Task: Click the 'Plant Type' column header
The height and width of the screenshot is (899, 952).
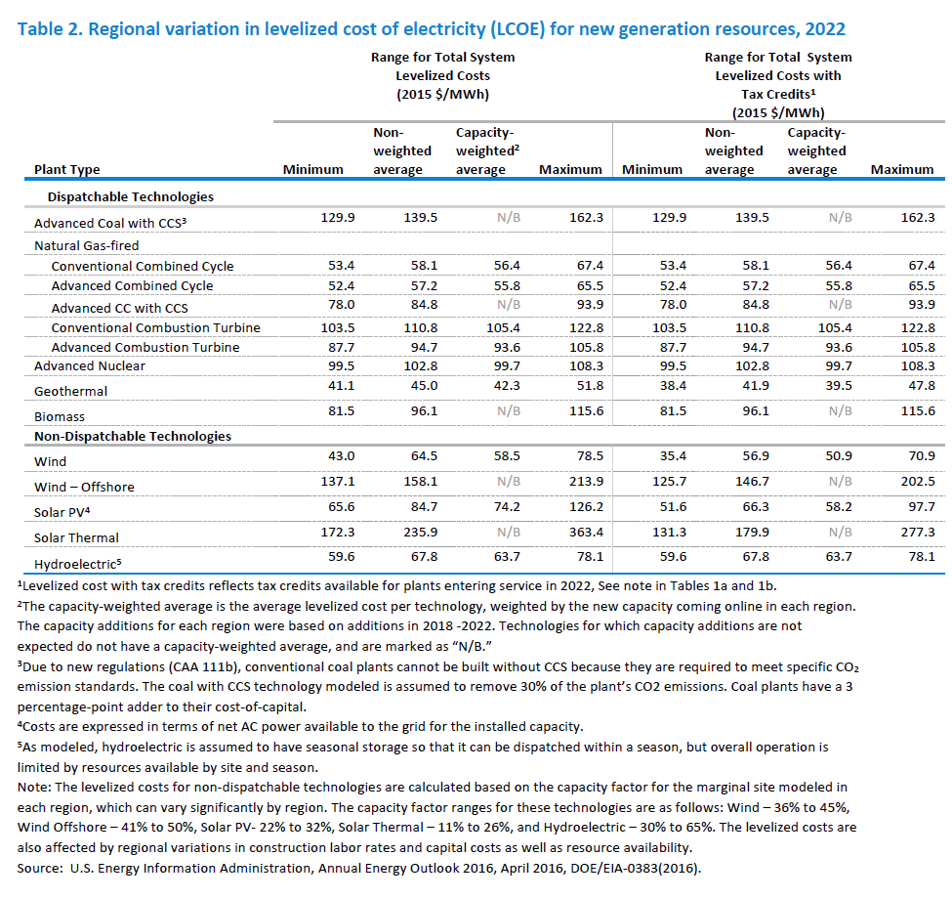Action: (66, 170)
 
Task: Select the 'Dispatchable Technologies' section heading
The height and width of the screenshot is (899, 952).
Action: (131, 196)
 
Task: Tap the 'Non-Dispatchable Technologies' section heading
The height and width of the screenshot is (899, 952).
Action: (133, 436)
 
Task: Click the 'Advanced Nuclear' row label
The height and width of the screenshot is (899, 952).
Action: (89, 365)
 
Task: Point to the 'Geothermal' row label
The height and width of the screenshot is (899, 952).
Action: (70, 391)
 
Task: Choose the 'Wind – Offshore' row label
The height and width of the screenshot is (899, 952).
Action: (84, 488)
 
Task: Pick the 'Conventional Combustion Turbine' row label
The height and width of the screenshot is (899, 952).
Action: (155, 328)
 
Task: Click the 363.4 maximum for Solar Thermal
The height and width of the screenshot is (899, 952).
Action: (587, 533)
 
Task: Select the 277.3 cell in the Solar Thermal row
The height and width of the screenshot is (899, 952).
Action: (918, 533)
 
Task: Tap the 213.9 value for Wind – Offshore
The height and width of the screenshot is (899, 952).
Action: (587, 481)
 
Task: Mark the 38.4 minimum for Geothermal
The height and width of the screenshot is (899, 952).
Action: (674, 385)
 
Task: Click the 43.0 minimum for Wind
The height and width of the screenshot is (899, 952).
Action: (341, 455)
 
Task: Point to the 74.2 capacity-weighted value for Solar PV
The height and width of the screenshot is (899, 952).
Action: (507, 506)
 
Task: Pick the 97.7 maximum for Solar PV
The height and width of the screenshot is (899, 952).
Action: (922, 506)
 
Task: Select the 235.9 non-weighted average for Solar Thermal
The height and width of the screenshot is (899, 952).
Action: (420, 533)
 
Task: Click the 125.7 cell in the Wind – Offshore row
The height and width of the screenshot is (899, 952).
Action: (669, 481)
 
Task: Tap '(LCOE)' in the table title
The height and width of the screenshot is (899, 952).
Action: (517, 29)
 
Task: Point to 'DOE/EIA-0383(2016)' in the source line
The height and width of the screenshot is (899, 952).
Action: (636, 868)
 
